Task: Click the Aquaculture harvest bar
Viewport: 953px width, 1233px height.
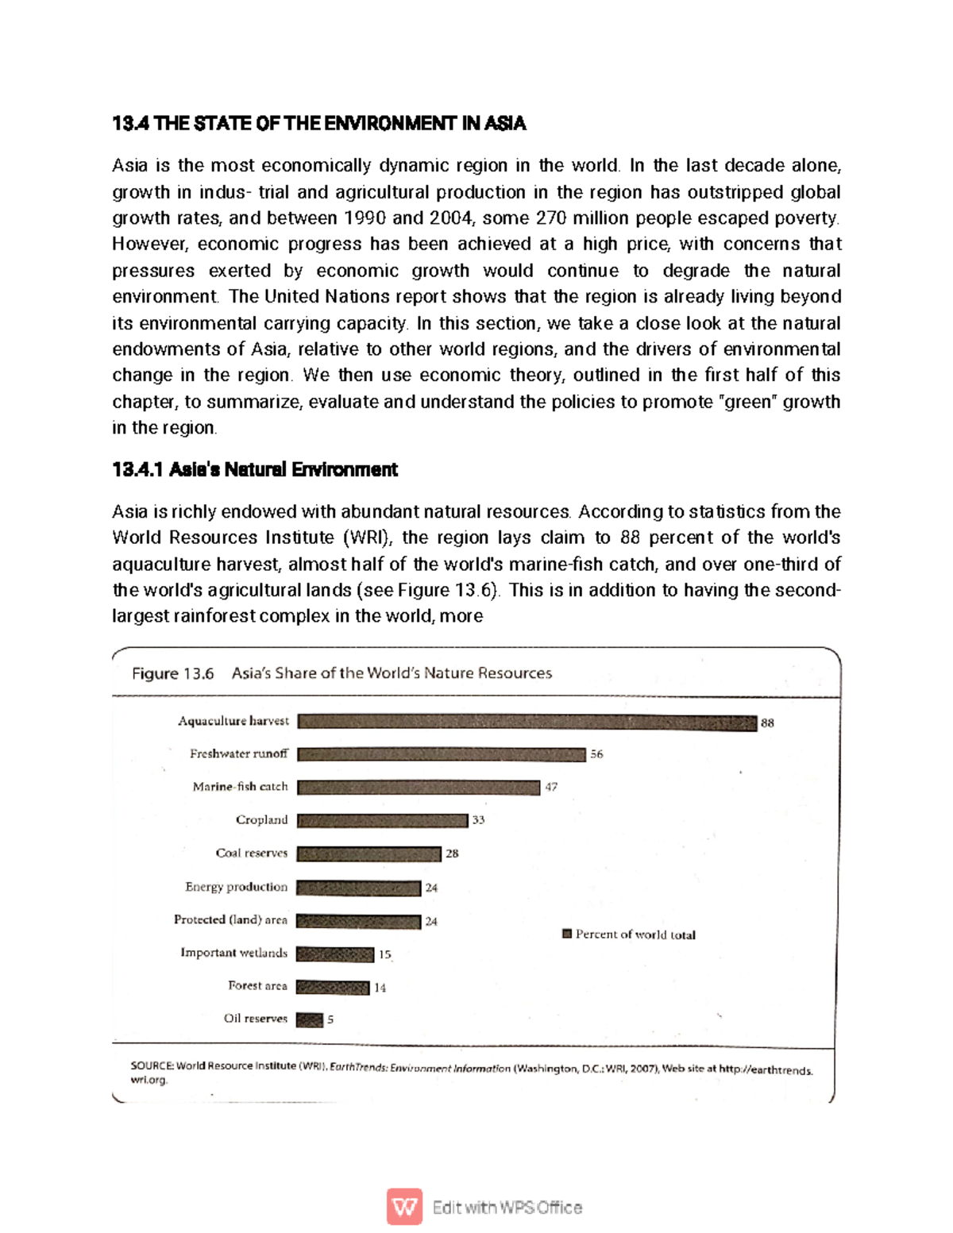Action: pos(527,722)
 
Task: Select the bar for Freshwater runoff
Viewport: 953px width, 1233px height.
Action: pos(441,754)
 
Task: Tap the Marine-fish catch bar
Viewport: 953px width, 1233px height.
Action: pos(418,788)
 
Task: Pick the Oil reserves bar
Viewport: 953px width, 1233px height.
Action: pos(310,1019)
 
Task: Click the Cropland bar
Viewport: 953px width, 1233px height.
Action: pos(382,820)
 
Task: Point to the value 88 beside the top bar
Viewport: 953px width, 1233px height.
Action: pos(767,722)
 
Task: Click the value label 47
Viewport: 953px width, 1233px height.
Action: pos(551,787)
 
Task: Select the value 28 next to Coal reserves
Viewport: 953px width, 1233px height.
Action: pos(452,853)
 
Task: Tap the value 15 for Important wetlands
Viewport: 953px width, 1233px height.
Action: pos(384,954)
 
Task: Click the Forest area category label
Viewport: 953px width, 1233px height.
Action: pos(257,985)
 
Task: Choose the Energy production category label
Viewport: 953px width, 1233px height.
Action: pos(236,887)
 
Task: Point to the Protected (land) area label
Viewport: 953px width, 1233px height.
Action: pos(230,919)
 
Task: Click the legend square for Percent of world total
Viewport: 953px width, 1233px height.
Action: pos(567,934)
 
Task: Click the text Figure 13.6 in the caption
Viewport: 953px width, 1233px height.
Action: pos(172,673)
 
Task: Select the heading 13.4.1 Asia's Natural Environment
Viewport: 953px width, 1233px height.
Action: pos(255,469)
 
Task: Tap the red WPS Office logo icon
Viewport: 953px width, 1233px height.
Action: pos(404,1207)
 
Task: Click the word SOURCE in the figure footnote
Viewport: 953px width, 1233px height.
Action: pos(151,1065)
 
